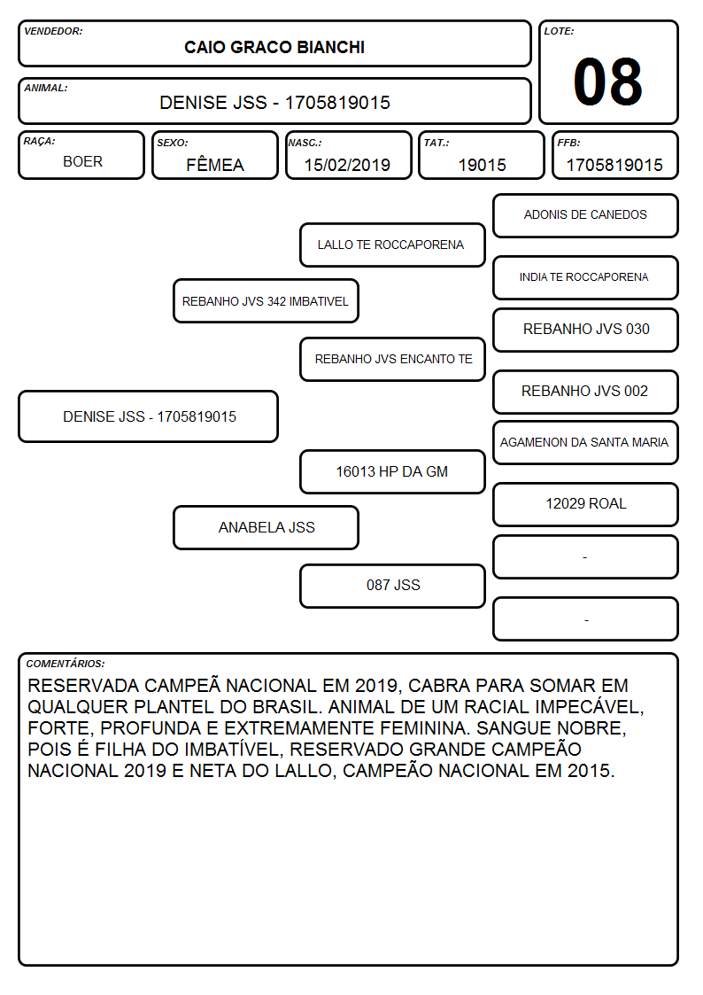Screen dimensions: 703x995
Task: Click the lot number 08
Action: (607, 82)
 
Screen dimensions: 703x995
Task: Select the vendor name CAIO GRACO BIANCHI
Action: (274, 48)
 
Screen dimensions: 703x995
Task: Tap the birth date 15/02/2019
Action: (347, 165)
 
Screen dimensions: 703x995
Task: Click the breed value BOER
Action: (82, 162)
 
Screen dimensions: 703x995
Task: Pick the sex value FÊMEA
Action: (215, 165)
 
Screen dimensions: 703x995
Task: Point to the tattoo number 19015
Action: (483, 165)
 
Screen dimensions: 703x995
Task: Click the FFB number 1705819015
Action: (614, 165)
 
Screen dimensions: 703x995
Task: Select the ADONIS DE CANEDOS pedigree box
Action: (586, 216)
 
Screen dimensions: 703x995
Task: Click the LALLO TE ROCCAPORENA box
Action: (392, 245)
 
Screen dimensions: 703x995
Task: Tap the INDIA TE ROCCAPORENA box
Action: (586, 277)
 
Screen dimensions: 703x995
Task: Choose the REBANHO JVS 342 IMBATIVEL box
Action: (266, 301)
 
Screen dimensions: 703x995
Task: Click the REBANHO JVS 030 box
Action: (586, 330)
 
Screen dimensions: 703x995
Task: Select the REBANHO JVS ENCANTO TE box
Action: (392, 359)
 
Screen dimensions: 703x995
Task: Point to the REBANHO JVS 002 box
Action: (586, 392)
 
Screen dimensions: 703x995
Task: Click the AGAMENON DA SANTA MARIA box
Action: (586, 443)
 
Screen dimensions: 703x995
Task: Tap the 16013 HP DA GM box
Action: (392, 472)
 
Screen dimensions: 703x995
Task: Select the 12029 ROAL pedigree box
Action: (586, 504)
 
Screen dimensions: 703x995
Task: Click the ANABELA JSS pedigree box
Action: (266, 528)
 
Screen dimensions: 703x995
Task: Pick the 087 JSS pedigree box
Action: (392, 586)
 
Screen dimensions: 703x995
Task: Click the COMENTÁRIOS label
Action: (66, 664)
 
